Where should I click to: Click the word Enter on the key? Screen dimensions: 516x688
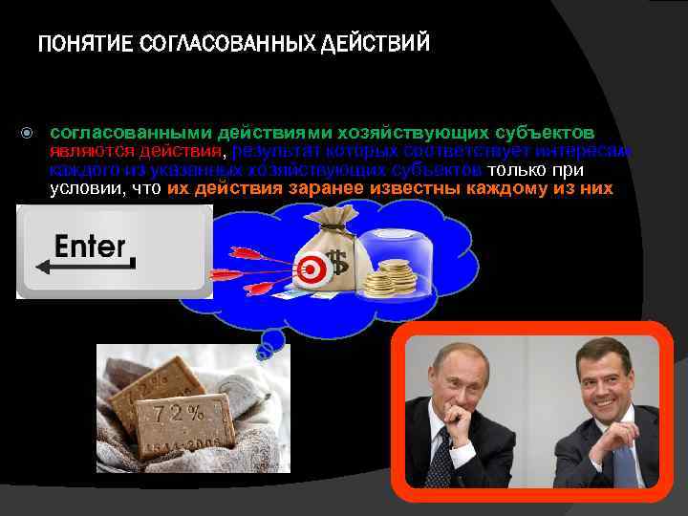[90, 247]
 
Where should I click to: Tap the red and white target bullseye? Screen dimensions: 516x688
[311, 269]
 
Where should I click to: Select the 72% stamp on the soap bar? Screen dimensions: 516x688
[182, 413]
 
